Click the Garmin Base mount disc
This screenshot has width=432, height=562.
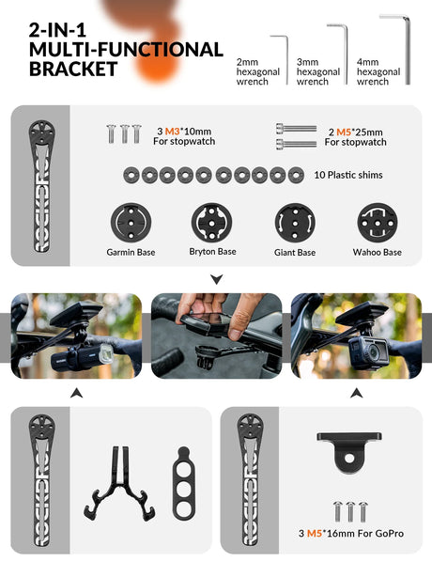point(131,223)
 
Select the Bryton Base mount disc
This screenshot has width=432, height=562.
point(211,223)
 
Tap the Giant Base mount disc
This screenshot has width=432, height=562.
point(295,223)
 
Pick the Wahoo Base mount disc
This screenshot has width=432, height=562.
point(378,223)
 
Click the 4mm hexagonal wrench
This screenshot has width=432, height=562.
point(408,50)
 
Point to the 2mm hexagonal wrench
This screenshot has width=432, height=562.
point(286,60)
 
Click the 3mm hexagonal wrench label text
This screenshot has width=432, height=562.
point(318,72)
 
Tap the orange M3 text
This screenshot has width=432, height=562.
point(172,132)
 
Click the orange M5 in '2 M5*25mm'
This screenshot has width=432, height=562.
point(344,133)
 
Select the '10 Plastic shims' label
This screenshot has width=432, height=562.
point(348,175)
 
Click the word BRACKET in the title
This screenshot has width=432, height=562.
point(73,69)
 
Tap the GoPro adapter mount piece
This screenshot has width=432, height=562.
point(349,452)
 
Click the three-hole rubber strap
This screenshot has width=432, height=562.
point(184,483)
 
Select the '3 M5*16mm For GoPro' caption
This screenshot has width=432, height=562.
point(351,533)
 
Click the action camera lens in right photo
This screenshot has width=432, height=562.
point(373,352)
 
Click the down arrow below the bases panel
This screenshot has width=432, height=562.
point(217,279)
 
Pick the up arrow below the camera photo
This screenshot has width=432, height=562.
point(356,393)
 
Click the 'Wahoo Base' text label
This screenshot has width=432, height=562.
point(378,252)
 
